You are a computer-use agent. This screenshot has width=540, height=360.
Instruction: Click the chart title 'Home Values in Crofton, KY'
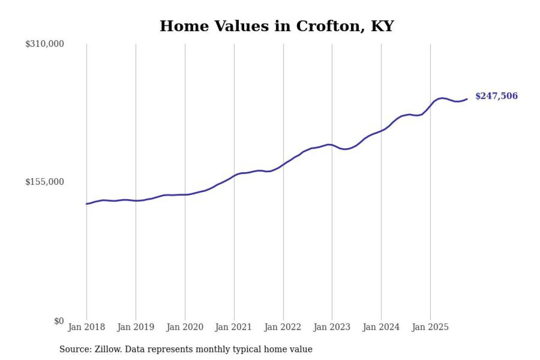coord(276,26)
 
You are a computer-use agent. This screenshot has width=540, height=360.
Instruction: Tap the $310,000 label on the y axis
coord(44,44)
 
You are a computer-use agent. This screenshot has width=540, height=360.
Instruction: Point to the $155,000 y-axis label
coord(44,182)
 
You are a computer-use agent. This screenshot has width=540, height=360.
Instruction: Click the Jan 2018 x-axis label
coord(86,327)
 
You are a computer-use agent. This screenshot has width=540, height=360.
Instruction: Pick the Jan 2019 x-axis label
coord(136,327)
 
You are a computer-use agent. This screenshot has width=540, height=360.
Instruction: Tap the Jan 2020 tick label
coord(185,327)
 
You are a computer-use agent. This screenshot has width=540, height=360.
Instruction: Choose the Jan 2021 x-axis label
coord(234,327)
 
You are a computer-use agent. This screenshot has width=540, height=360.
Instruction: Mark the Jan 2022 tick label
coord(283,327)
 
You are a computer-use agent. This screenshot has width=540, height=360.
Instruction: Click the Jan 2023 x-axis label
coord(332,327)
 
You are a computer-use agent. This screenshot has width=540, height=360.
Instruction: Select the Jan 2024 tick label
coord(381,327)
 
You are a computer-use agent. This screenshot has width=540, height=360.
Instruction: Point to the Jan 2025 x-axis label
coord(430,327)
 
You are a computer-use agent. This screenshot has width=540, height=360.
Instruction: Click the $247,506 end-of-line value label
coord(496,96)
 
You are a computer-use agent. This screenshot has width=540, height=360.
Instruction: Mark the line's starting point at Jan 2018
coord(87,204)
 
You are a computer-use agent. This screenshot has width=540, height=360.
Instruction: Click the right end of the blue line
coord(467,99)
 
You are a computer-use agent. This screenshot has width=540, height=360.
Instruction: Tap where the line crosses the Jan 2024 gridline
coord(381,130)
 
